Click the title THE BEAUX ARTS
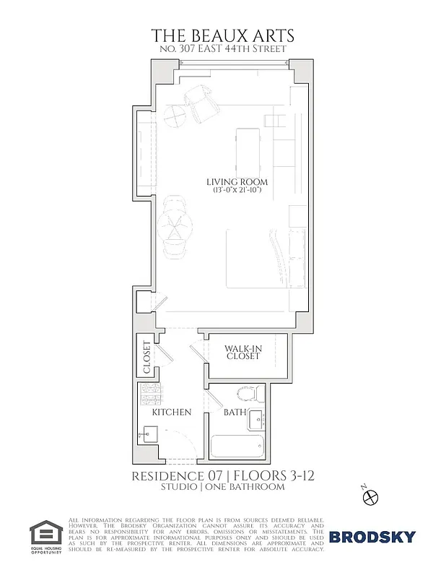[222, 35]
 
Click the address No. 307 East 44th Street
[222, 49]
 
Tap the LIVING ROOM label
[237, 181]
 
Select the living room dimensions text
[237, 190]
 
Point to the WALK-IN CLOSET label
[242, 352]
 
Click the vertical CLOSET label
[147, 358]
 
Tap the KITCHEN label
[171, 413]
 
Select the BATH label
[235, 413]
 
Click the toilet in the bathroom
[248, 394]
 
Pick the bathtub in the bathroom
[239, 446]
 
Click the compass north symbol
[371, 496]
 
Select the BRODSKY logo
[372, 536]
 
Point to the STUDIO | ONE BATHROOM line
[222, 487]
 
